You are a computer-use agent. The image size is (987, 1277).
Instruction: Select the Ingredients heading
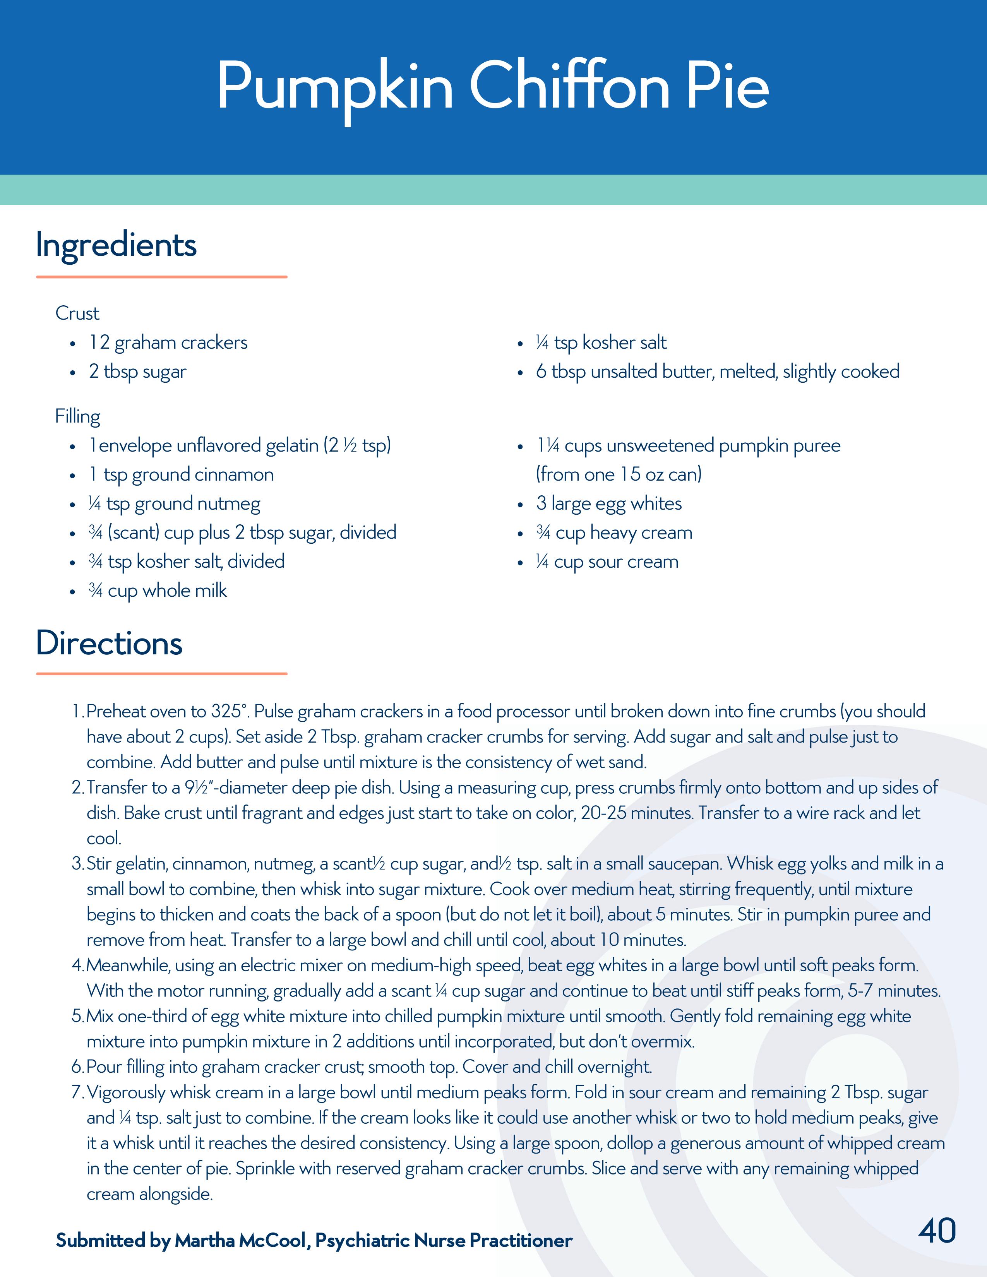tap(116, 245)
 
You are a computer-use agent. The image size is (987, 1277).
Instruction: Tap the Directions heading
tap(109, 643)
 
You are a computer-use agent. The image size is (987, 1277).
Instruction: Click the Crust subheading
tap(77, 313)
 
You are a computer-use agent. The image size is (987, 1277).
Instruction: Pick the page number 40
tap(937, 1230)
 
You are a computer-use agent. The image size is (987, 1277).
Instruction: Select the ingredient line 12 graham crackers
tap(168, 342)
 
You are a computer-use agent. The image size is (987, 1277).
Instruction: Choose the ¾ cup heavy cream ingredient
tap(614, 533)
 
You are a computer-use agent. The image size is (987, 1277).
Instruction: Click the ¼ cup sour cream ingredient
tap(607, 562)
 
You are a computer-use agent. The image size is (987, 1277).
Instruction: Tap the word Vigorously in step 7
tap(127, 1092)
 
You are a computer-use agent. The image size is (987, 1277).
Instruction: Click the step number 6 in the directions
tap(77, 1067)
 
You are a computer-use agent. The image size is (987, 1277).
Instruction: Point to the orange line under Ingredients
tap(161, 277)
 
